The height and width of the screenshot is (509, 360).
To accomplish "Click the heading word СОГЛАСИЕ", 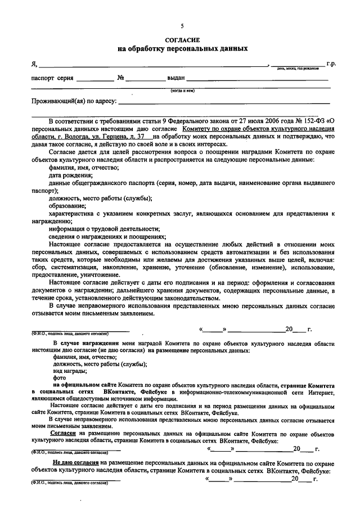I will pos(182,40).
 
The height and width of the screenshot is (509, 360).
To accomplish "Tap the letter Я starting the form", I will pos(33,64).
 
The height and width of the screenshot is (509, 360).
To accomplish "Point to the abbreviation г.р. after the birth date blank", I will pos(331,64).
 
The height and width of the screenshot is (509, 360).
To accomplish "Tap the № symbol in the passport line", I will pos(120,78).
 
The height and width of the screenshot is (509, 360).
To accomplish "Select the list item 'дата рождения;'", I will pos(70,175).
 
